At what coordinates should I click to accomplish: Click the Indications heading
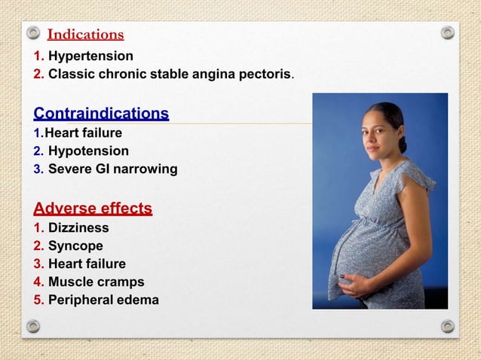click(85, 35)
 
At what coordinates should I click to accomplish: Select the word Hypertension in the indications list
click(90, 56)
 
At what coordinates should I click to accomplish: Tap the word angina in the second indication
click(212, 75)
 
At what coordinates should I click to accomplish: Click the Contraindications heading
click(101, 114)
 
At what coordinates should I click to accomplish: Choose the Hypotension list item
click(88, 151)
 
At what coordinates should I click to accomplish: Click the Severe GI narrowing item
click(112, 169)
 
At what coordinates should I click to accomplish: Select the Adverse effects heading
click(93, 209)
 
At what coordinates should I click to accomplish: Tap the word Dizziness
click(78, 227)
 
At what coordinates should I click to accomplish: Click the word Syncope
click(75, 246)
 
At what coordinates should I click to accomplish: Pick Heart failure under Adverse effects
click(87, 264)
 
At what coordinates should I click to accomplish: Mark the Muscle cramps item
click(96, 282)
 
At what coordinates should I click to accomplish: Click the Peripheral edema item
click(103, 301)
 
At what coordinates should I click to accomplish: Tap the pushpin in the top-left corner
click(33, 33)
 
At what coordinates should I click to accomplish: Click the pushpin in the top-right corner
click(448, 33)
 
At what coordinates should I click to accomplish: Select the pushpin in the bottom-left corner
click(33, 326)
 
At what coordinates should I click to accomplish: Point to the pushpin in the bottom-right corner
click(448, 326)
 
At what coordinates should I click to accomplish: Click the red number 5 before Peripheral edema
click(38, 301)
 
